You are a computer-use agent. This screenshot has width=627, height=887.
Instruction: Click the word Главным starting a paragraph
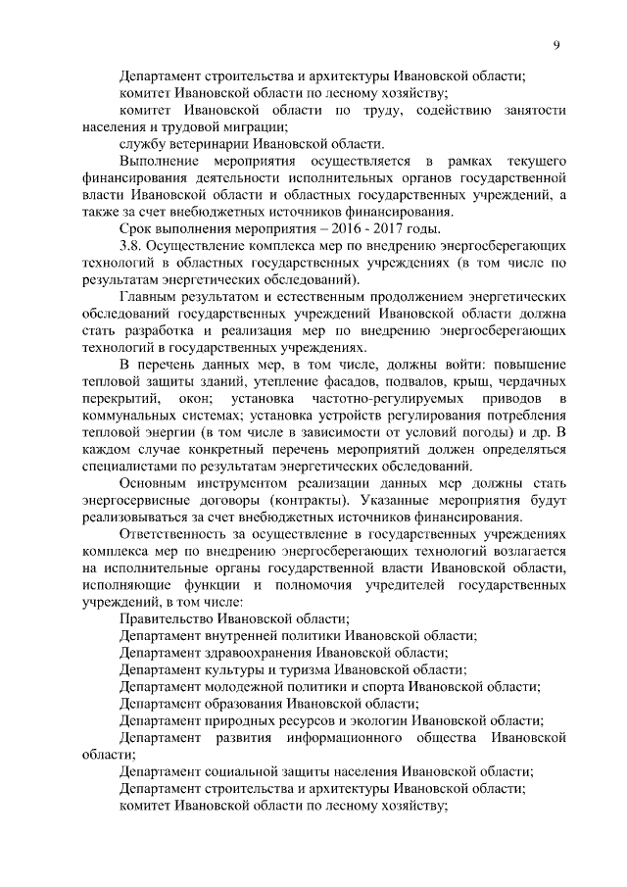click(149, 295)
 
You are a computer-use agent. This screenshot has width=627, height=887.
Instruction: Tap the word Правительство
click(165, 619)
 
